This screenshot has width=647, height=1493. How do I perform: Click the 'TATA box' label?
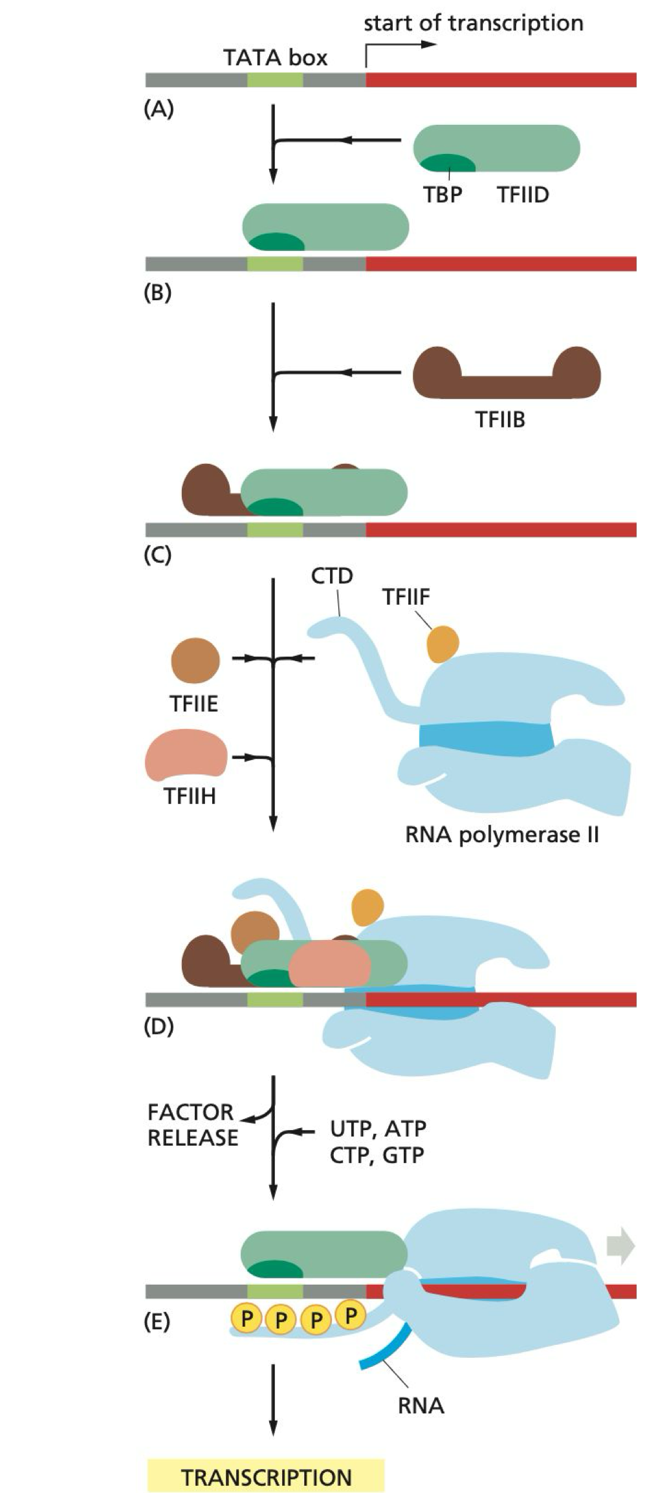click(275, 58)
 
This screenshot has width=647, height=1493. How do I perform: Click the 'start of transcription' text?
click(473, 23)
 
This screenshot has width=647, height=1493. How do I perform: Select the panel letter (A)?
click(159, 109)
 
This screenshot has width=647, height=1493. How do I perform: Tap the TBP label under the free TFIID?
click(443, 194)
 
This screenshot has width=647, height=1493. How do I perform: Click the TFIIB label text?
click(500, 419)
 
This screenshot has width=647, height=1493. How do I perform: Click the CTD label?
click(332, 575)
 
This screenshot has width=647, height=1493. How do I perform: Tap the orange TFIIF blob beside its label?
click(443, 644)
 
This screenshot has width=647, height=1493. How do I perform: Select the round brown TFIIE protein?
click(195, 660)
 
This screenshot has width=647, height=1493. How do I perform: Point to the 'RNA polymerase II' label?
click(501, 834)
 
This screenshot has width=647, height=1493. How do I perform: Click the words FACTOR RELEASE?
click(192, 1124)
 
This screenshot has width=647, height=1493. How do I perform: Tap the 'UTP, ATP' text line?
click(378, 1128)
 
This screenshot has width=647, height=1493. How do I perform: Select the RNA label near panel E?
click(421, 1405)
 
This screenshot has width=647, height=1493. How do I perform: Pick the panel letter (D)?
click(159, 1026)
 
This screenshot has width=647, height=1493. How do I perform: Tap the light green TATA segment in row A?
click(275, 80)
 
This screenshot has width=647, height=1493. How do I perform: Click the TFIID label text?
click(523, 194)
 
